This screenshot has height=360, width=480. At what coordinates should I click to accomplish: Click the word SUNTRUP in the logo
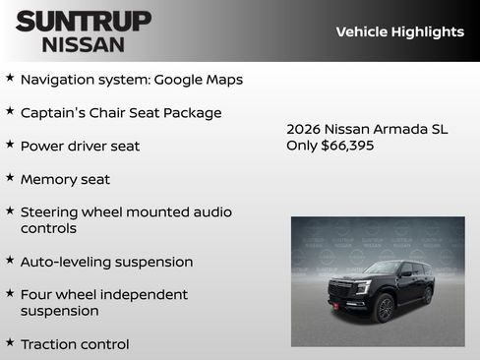84,20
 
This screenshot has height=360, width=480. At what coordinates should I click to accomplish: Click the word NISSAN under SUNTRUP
84,44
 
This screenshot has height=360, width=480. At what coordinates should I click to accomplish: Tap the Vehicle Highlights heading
399,31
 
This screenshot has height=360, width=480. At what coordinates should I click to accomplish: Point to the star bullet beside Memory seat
10,178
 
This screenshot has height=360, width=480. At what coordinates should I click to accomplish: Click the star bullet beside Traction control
10,343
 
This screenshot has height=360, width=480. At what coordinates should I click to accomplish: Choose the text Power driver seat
80,146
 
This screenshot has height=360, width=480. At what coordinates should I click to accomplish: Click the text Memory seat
65,179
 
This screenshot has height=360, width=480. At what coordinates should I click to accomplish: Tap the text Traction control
75,344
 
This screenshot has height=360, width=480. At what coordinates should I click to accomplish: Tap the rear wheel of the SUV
427,294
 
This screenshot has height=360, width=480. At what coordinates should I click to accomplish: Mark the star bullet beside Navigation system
10,77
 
